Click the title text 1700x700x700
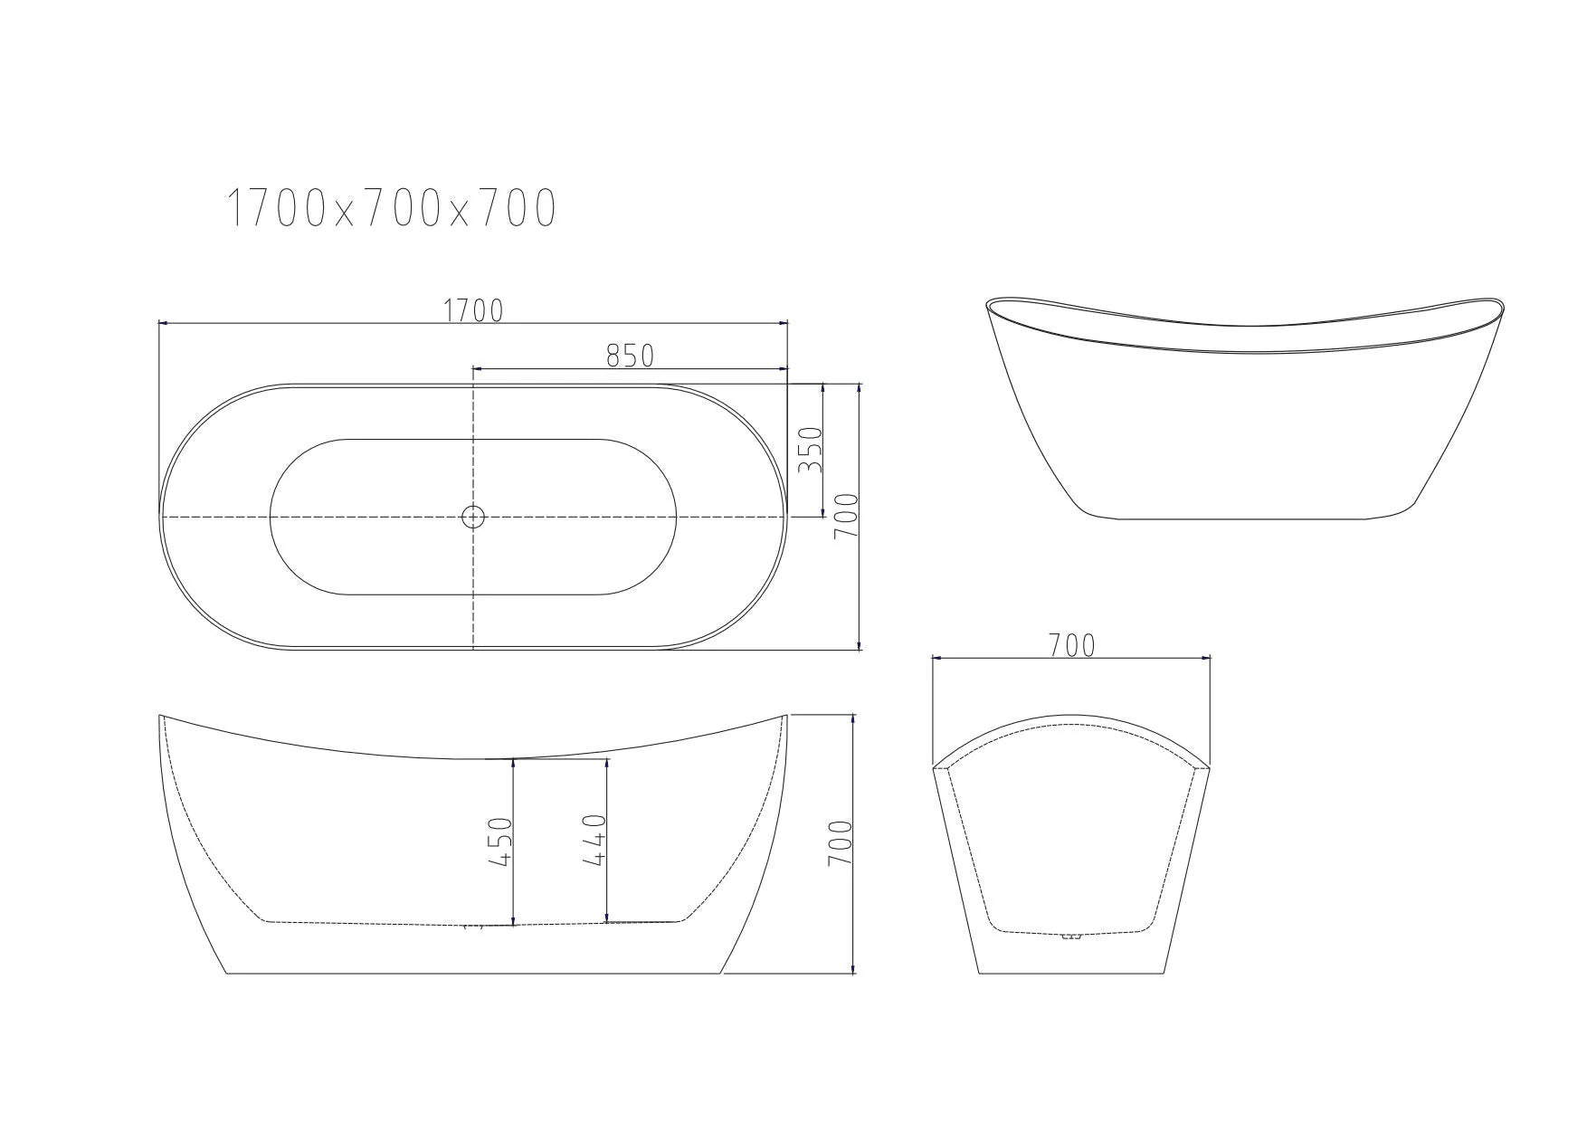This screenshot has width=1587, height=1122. [x=390, y=209]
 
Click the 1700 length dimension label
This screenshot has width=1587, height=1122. [x=472, y=310]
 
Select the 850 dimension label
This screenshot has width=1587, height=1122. [x=630, y=356]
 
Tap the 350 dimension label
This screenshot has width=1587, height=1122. [x=812, y=450]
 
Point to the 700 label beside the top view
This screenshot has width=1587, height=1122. [x=844, y=517]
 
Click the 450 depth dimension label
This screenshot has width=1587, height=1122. [x=501, y=841]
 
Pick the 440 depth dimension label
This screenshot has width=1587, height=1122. [x=594, y=840]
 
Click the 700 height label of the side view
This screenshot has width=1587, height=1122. [x=841, y=843]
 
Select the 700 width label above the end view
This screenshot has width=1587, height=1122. [x=1071, y=645]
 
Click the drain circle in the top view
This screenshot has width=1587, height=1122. [x=473, y=517]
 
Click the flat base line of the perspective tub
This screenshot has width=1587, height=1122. [x=1249, y=518]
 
